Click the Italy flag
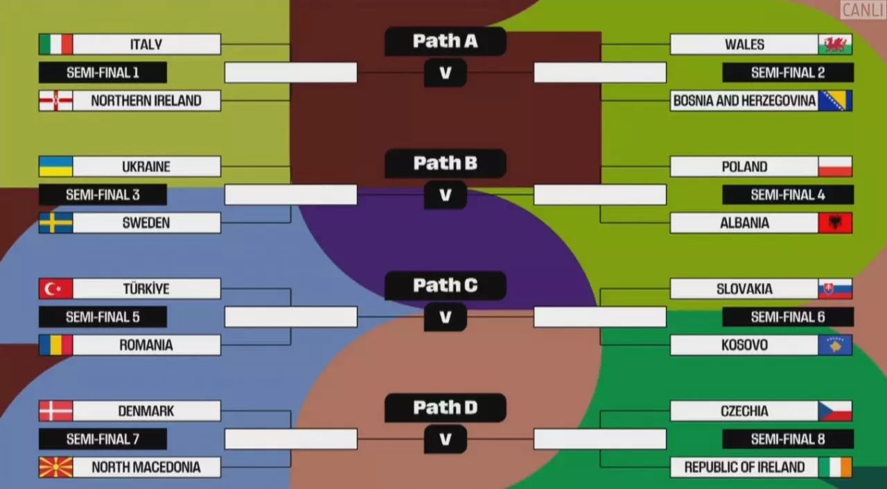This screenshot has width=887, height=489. coord(55,44)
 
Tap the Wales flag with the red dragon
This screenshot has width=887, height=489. coord(835,44)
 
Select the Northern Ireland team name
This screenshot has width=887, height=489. coord(146,101)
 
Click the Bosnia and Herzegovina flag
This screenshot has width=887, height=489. coord(835,101)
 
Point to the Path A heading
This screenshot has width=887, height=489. coord(445,41)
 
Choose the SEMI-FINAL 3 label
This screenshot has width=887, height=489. coord(103,195)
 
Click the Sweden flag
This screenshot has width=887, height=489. coord(55,223)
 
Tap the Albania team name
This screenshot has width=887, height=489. coord(744,223)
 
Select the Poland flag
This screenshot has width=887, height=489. coord(835,166)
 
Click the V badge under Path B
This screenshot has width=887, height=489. coord(445,195)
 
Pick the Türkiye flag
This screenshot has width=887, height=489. coord(55,289)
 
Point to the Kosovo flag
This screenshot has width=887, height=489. coord(835,345)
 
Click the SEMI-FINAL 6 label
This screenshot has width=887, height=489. coord(788,317)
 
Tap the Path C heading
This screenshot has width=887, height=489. coord(445,285)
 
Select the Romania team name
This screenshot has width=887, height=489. coord(146,345)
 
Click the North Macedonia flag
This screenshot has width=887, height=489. coord(55,467)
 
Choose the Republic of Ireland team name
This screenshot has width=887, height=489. coord(744,467)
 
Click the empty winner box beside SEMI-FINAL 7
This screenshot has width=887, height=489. coord(291,439)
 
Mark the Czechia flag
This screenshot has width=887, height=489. coord(835,411)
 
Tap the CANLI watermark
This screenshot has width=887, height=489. coord(862,10)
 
